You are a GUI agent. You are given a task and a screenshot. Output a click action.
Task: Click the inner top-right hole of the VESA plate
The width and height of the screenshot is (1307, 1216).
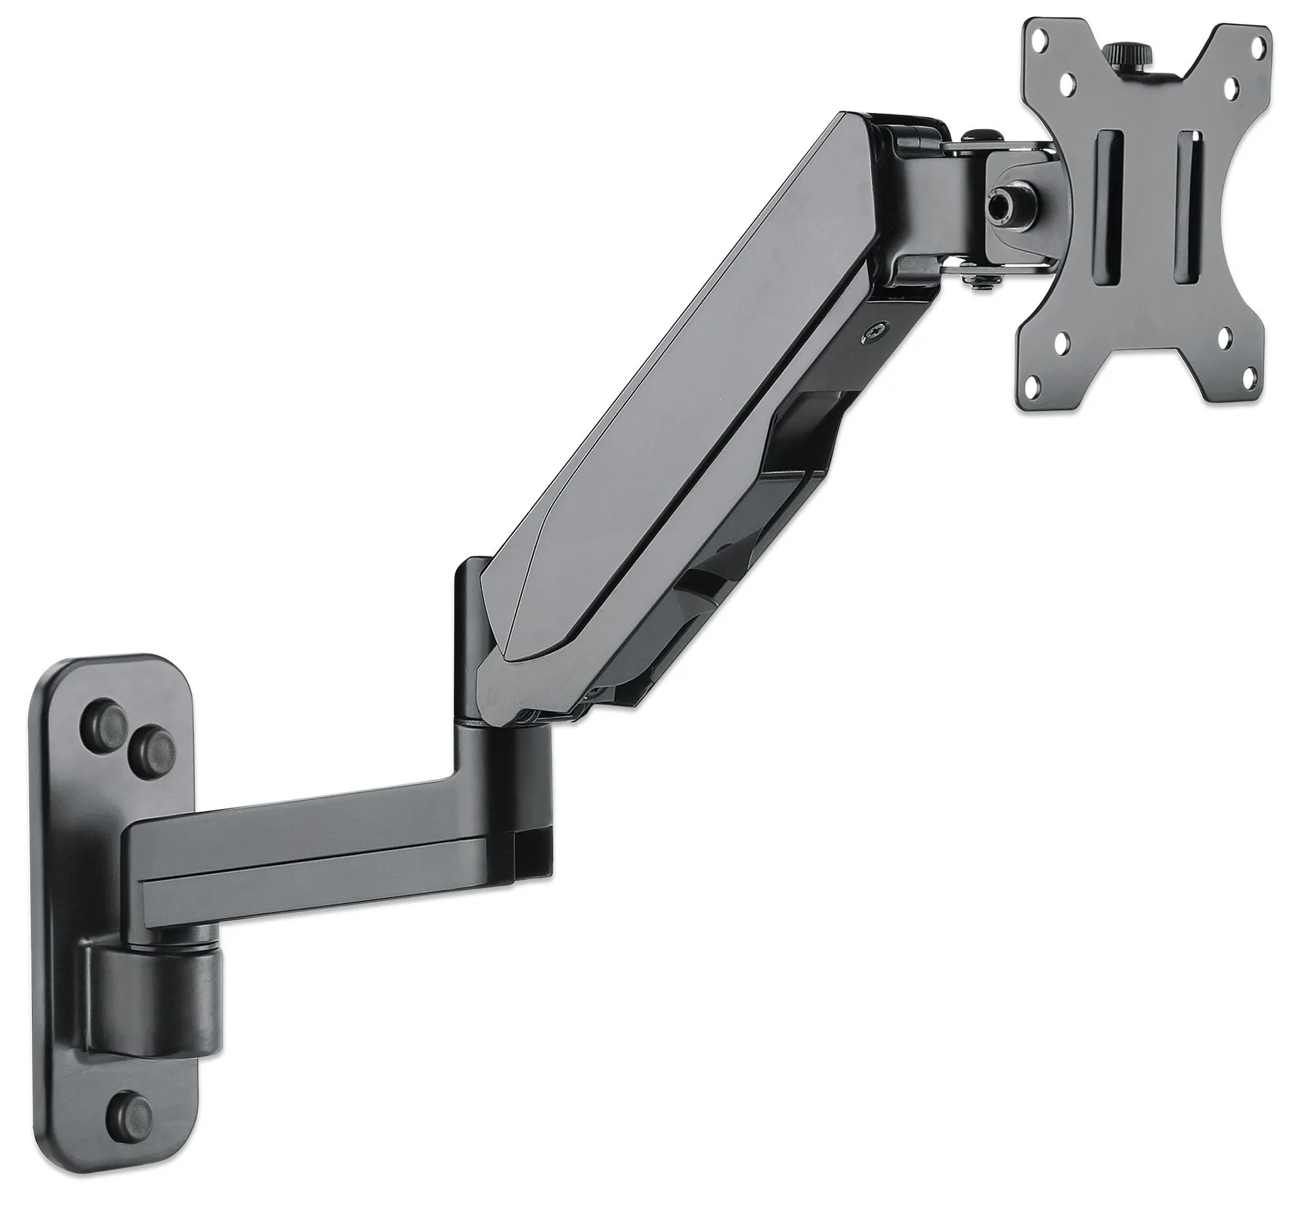pyautogui.click(x=1230, y=88)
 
